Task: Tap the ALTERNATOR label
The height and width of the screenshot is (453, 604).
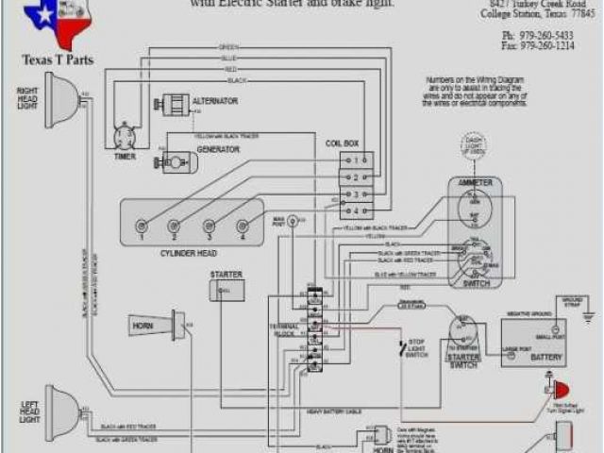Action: point(215,101)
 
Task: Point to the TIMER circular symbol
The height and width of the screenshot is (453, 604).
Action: point(126,136)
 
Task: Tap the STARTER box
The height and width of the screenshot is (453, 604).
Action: point(226,290)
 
